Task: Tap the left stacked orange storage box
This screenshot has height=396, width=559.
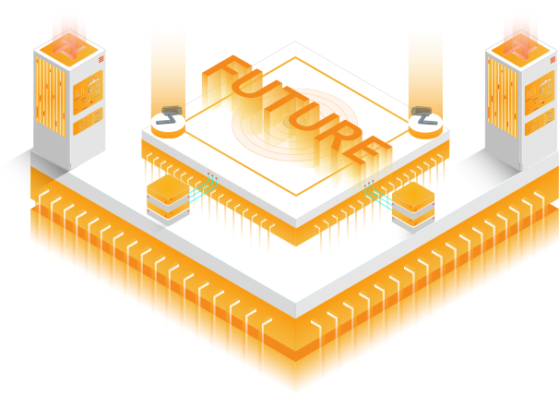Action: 168,199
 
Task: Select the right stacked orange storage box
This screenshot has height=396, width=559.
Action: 413,207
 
